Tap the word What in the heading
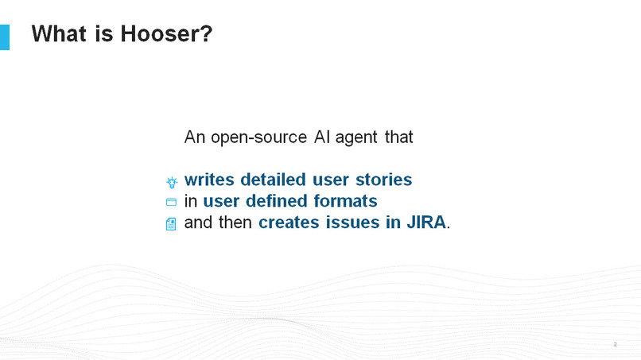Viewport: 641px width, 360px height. [58, 34]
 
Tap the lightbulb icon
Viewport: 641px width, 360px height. [171, 182]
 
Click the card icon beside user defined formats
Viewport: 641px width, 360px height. [171, 203]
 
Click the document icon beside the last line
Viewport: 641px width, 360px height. [171, 224]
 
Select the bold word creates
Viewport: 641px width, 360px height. [289, 223]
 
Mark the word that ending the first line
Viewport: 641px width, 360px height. [398, 137]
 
